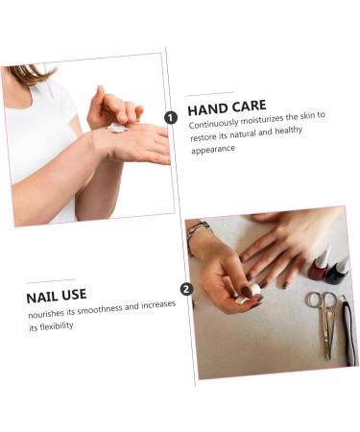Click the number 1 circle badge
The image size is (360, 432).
point(171,118)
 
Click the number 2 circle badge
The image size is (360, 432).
point(186,289)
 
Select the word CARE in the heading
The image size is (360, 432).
point(250,106)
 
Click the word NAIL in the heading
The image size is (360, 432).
point(39,298)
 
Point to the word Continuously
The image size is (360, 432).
point(214,123)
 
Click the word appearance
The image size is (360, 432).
point(213,149)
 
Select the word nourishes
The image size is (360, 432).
point(46,314)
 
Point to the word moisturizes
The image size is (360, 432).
point(262,119)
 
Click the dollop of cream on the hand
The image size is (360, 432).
point(117,128)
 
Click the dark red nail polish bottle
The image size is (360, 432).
point(319,266)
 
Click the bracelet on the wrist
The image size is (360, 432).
point(196,232)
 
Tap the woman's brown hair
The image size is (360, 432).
point(31,74)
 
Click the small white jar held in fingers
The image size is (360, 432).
point(249,295)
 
